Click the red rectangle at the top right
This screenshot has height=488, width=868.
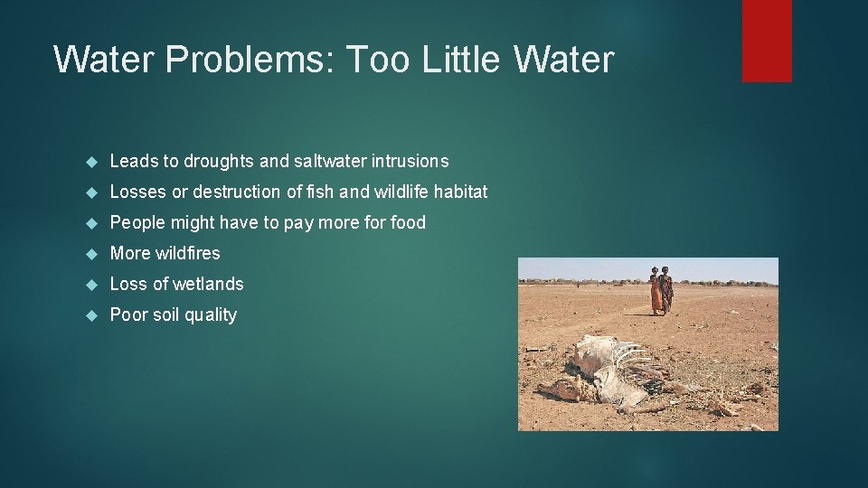tap(767, 41)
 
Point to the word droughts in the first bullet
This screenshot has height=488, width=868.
tap(219, 161)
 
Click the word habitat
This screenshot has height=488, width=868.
tap(460, 192)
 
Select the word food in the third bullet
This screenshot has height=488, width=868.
tap(408, 222)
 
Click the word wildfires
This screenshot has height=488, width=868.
tap(187, 253)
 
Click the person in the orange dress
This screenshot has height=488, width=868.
tap(655, 292)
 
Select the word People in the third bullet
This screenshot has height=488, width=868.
tap(135, 222)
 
